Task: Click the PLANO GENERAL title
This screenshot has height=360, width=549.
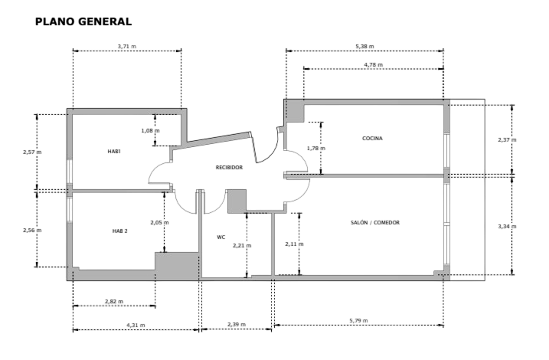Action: point(83,21)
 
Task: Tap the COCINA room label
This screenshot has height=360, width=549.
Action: point(372,139)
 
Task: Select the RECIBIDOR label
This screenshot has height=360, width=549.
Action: point(229,166)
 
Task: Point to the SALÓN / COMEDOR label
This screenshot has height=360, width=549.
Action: point(375,222)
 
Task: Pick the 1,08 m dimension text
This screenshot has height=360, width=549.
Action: point(150,130)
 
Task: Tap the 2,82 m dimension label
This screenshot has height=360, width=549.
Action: point(113,302)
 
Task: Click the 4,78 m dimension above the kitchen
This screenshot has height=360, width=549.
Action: point(373,65)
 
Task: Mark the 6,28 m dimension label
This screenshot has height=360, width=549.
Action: point(364,46)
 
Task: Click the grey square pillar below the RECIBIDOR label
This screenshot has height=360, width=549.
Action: point(236,201)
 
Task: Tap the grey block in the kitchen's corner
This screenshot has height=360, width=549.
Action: point(296,111)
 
